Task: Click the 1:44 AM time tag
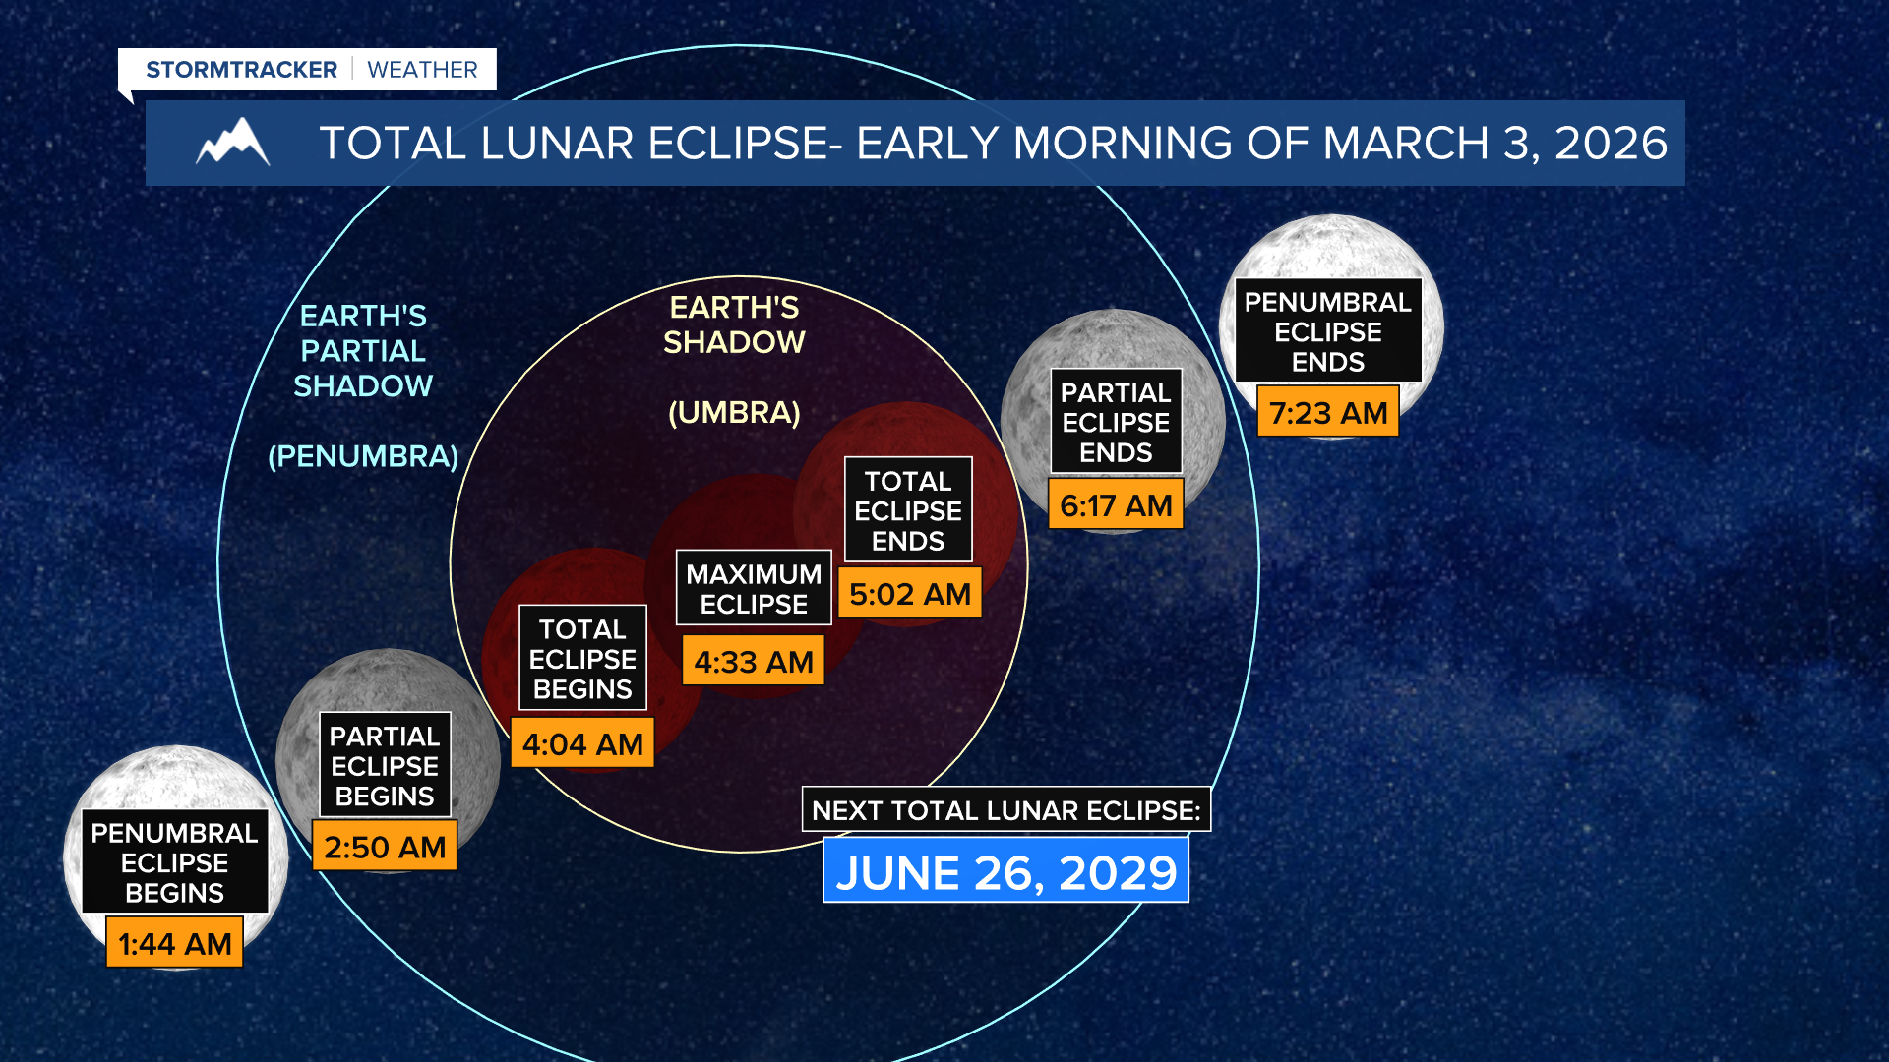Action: click(174, 943)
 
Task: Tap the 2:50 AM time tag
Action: click(385, 847)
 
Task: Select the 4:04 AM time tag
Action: click(582, 744)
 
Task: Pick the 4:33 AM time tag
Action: click(754, 662)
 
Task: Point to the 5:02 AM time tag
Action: click(910, 594)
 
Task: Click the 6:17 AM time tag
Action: click(1116, 505)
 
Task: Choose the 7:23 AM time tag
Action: click(1328, 413)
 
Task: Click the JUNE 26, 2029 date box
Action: click(1005, 872)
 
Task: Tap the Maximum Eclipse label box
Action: click(754, 588)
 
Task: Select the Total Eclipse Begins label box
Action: click(582, 659)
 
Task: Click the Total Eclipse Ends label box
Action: click(908, 510)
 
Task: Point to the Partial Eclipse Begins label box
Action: click(385, 765)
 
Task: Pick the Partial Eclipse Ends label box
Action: click(1116, 422)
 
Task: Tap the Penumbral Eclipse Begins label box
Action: click(174, 862)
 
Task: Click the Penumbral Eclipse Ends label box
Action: click(1328, 331)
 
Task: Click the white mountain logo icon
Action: click(233, 144)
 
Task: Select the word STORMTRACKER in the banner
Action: click(241, 70)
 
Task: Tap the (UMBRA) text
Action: click(734, 412)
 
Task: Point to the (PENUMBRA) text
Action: click(363, 456)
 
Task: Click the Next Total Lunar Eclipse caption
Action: click(1005, 810)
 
